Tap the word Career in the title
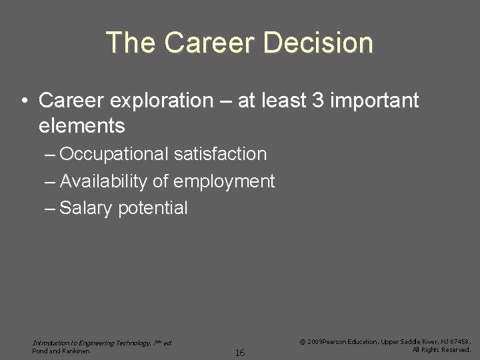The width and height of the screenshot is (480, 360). point(209,43)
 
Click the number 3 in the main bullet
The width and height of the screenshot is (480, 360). point(317,101)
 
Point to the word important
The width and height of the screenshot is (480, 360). point(375,101)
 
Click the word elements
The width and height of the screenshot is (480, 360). point(82,125)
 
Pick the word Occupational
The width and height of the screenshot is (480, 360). point(114,155)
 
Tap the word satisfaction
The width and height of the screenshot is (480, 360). point(220,155)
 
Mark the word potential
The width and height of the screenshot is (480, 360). point(153,208)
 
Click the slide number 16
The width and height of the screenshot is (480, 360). point(240,353)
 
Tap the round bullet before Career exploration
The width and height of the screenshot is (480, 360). point(24,101)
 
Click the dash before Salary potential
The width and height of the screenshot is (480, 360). point(51,208)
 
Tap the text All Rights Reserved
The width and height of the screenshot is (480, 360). point(441,349)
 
